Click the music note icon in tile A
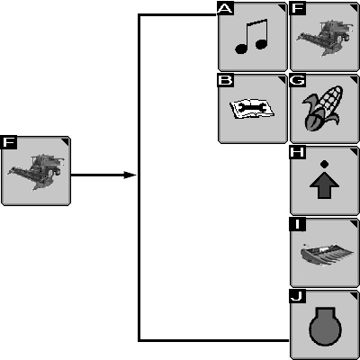pos(251,37)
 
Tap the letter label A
pos(225,8)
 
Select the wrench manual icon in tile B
pos(252,109)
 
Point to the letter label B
pos(225,80)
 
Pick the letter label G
pos(297,80)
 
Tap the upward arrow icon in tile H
pos(324,187)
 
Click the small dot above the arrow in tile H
pos(324,164)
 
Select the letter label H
pos(297,152)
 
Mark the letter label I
pos(297,224)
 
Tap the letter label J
pos(297,296)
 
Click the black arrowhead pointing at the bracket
pos(130,175)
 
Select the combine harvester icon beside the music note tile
pos(323,37)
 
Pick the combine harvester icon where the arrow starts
pos(35,172)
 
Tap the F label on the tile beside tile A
pos(297,8)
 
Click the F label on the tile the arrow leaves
pos(9,142)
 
